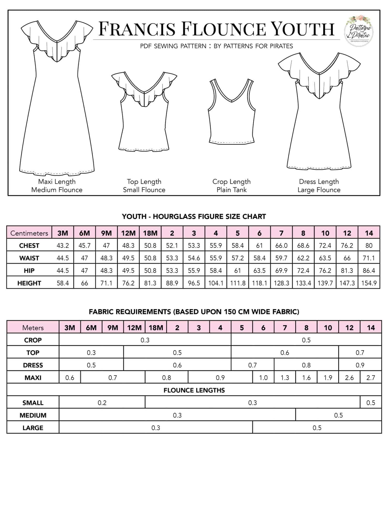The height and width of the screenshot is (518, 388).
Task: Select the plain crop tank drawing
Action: (232, 111)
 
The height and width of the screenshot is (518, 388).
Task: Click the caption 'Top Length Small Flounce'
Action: (144, 186)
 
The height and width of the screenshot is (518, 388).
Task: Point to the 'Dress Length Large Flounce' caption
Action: (319, 186)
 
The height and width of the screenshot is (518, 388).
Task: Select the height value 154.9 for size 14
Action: (369, 283)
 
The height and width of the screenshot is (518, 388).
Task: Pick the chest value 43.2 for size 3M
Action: (63, 246)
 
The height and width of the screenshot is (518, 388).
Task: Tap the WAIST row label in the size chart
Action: (29, 258)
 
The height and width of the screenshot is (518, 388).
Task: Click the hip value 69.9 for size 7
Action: (281, 271)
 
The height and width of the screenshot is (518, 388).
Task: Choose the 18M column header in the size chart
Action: (150, 233)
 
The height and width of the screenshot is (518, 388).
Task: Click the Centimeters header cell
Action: (29, 233)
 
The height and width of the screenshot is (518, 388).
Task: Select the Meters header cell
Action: (33, 328)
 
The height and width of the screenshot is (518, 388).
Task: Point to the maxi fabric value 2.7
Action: (371, 378)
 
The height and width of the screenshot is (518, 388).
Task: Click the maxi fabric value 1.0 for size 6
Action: (263, 378)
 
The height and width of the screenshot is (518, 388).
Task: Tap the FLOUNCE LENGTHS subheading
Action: (194, 390)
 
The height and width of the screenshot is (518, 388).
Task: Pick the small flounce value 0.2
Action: (102, 403)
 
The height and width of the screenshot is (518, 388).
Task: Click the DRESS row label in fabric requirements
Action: (33, 365)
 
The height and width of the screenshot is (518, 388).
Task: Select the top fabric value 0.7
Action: (360, 352)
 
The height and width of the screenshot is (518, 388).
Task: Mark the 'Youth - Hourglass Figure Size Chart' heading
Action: (194, 217)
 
